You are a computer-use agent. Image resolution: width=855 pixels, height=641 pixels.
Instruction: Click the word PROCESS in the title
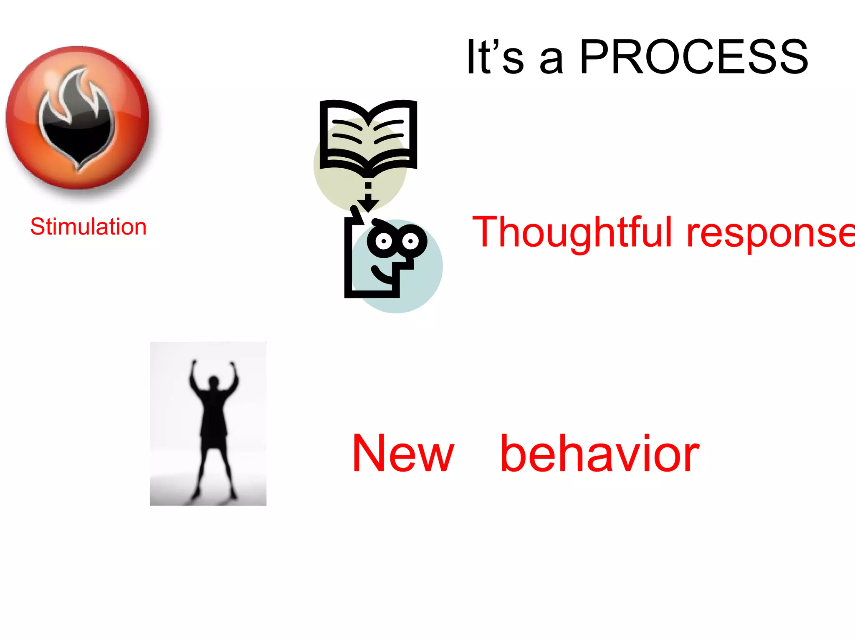pyautogui.click(x=694, y=57)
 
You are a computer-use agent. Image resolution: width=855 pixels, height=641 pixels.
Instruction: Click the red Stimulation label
pyautogui.click(x=89, y=227)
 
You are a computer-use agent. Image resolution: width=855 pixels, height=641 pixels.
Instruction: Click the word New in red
pyautogui.click(x=403, y=454)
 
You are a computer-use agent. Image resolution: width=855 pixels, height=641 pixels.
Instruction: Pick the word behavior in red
pyautogui.click(x=600, y=454)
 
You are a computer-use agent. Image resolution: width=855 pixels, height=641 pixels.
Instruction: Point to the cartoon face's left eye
pyautogui.click(x=384, y=241)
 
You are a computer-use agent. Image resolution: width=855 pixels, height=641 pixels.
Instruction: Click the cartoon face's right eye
pyautogui.click(x=411, y=241)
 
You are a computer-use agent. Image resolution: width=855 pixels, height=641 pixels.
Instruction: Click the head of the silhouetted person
pyautogui.click(x=214, y=382)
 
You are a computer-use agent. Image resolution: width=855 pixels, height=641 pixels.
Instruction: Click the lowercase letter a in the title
pyautogui.click(x=551, y=61)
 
